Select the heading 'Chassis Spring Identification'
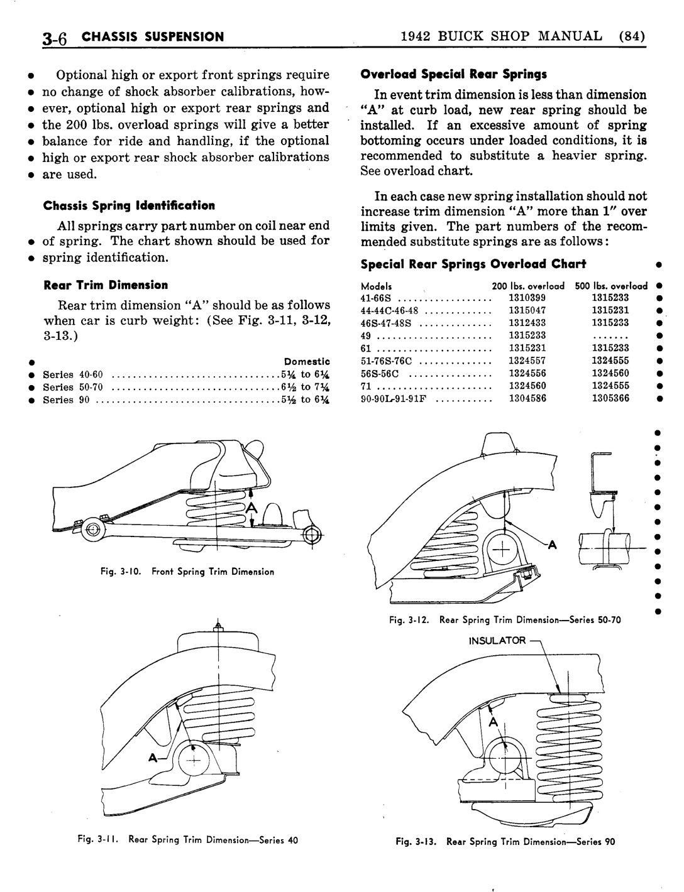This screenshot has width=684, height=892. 128,205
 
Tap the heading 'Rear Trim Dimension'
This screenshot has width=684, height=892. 105,285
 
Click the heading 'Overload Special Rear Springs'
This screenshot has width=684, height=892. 453,74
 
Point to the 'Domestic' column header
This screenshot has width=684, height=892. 307,361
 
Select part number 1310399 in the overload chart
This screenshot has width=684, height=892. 527,298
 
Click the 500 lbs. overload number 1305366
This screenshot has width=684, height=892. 610,398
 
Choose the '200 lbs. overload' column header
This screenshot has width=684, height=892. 527,285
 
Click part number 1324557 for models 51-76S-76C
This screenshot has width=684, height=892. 527,361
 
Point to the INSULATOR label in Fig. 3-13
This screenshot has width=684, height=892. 497,640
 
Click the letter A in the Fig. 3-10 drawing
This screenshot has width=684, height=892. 251,507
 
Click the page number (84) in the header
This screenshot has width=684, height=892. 632,36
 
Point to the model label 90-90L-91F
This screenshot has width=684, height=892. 394,398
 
